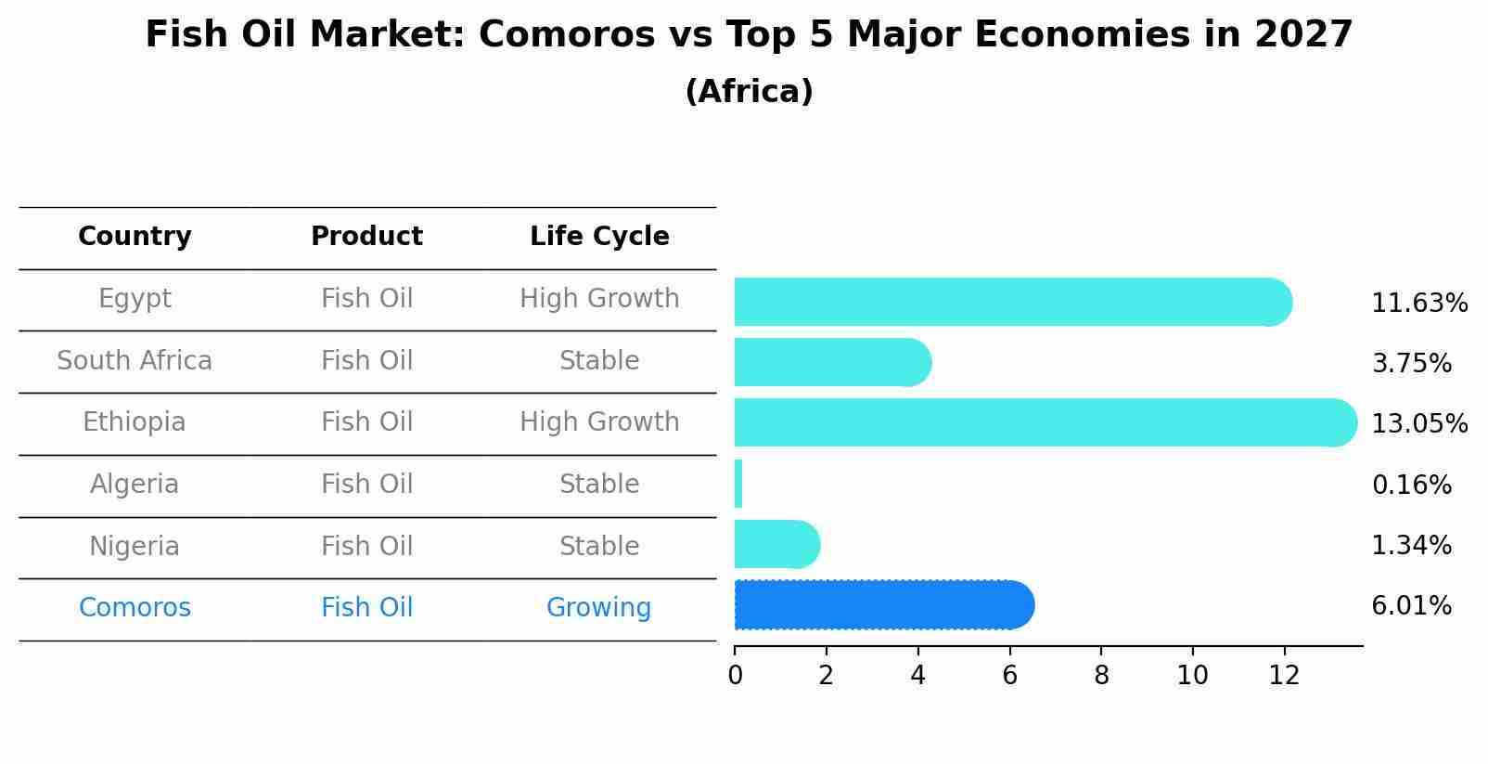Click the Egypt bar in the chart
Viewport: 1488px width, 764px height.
(1011, 302)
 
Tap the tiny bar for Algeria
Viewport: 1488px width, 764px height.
(738, 484)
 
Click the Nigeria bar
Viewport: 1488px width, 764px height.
(776, 544)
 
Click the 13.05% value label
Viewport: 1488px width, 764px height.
(1419, 424)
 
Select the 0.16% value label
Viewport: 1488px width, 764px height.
(1411, 485)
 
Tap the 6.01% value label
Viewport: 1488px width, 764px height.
(1411, 606)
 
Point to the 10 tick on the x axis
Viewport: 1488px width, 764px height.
(1192, 676)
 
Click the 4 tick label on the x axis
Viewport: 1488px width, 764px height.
(917, 676)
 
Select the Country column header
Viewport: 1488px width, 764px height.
(135, 237)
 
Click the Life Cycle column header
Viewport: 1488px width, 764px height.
(599, 237)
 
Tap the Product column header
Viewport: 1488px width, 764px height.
(366, 237)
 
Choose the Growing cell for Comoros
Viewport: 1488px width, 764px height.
(598, 608)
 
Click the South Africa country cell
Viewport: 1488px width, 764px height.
(135, 361)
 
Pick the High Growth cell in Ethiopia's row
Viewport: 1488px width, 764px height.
(599, 422)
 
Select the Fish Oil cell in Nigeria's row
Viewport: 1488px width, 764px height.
(366, 546)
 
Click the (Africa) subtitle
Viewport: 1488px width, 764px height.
(749, 92)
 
